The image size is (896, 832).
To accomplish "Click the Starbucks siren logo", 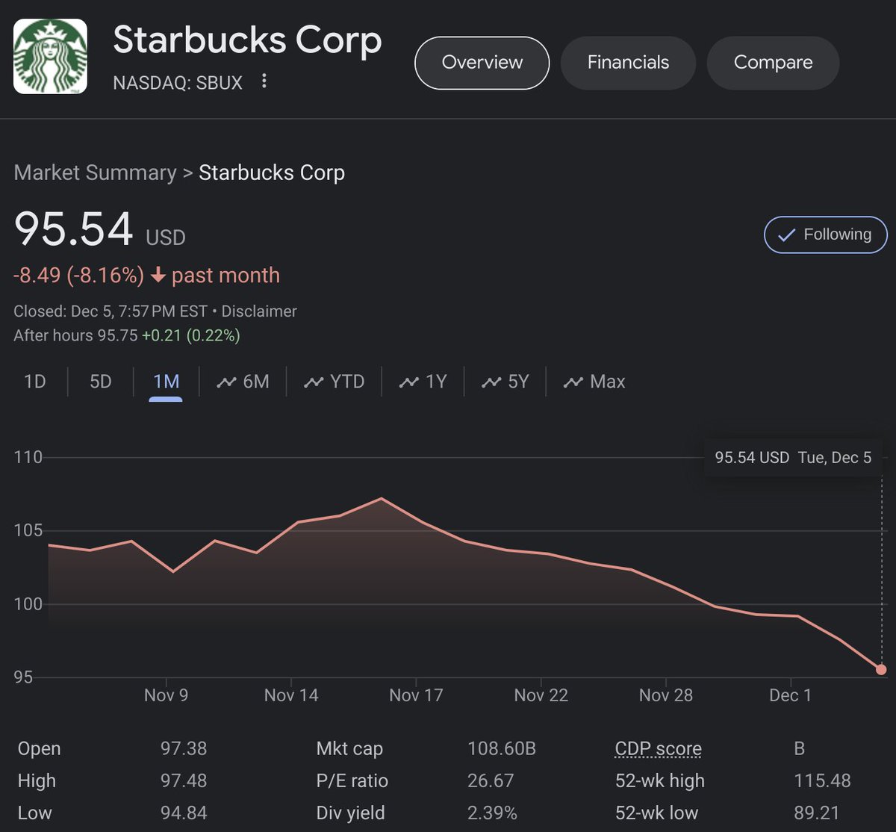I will click(51, 57).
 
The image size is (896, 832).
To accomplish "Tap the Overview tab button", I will click(482, 63).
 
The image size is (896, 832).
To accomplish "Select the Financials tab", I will click(628, 63).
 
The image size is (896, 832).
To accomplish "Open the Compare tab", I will click(773, 63).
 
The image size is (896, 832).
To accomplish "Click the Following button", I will click(825, 235).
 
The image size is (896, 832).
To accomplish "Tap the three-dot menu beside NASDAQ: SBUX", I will click(264, 81).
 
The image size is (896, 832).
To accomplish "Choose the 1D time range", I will click(35, 382).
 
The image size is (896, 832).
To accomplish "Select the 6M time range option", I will click(243, 382).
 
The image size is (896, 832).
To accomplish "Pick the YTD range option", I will click(335, 382).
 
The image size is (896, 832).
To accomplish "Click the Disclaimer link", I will click(259, 311).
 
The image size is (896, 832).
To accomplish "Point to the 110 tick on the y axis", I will click(28, 457).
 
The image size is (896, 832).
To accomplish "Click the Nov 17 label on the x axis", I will click(416, 695).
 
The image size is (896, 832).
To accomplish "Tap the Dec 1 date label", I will click(790, 695).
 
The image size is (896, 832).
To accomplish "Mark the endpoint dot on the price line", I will click(881, 669).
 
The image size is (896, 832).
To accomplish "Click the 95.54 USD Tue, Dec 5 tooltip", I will click(793, 458).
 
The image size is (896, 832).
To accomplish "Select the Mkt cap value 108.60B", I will click(502, 748).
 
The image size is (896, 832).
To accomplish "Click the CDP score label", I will click(658, 748).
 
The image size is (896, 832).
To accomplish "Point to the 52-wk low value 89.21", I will click(822, 813).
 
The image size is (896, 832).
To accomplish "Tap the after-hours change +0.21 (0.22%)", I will click(190, 336).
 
